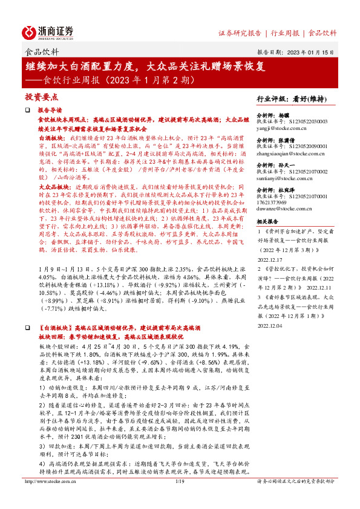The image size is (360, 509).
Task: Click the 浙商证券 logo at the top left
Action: coord(48,31)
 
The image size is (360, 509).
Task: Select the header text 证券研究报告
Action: coord(240,33)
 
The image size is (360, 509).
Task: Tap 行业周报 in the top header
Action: coord(287,33)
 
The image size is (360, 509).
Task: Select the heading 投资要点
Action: coord(41,97)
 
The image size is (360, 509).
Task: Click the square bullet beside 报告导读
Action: coord(27,111)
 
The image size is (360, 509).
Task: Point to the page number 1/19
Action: coord(180,498)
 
